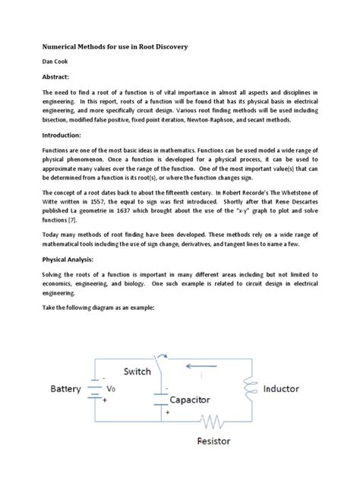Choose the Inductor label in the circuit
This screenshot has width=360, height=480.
tap(290, 389)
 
